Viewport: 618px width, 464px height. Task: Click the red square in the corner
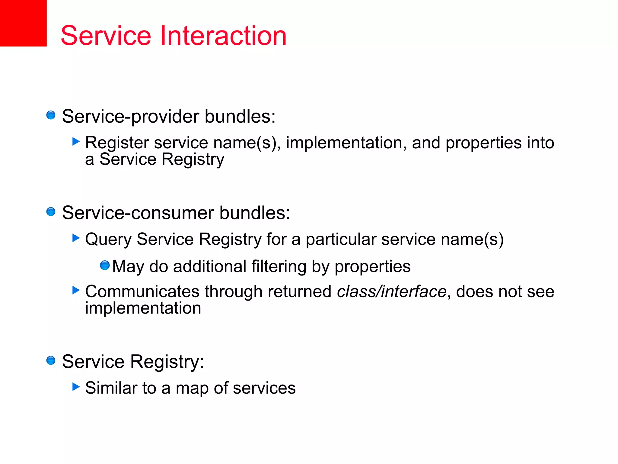click(x=23, y=23)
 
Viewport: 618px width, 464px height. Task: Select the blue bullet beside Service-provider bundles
click(x=51, y=115)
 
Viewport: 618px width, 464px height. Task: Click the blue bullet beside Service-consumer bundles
click(x=51, y=212)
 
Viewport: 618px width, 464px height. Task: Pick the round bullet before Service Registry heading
click(x=51, y=360)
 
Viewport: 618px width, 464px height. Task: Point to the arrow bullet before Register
click(x=76, y=141)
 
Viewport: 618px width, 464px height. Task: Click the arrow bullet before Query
click(x=76, y=238)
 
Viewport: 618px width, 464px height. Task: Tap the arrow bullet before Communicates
click(x=76, y=290)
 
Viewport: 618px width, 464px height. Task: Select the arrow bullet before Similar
click(x=76, y=387)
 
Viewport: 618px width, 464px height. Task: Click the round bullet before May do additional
click(x=105, y=265)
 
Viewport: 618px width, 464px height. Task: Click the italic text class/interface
click(x=391, y=292)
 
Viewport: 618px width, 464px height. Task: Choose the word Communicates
click(x=142, y=292)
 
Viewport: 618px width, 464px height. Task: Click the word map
click(x=192, y=389)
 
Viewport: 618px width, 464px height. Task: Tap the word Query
click(x=108, y=240)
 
